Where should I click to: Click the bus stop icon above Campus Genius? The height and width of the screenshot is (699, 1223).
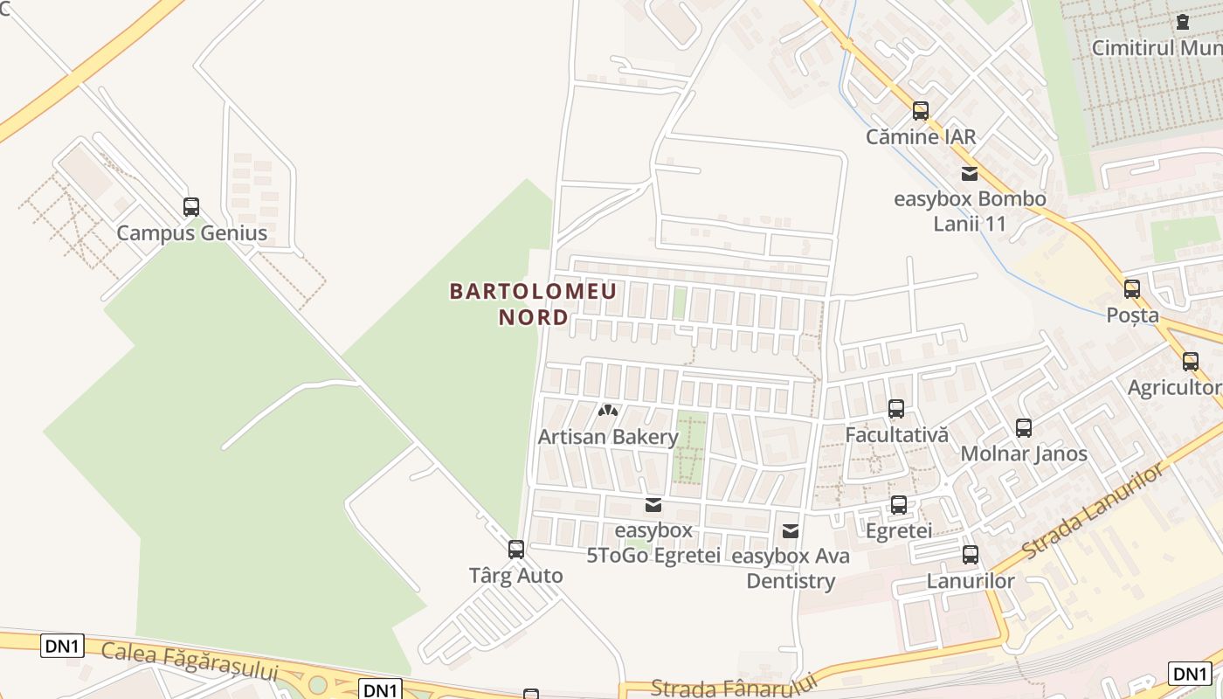click(x=191, y=207)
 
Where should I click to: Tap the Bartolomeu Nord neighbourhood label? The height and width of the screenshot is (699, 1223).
click(x=533, y=303)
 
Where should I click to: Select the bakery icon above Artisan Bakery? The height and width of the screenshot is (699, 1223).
click(x=608, y=410)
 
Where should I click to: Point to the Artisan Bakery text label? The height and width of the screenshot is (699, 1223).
click(x=608, y=437)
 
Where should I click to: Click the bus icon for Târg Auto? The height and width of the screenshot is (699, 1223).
click(x=516, y=550)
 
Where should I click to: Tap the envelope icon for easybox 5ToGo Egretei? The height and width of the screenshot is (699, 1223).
click(x=653, y=505)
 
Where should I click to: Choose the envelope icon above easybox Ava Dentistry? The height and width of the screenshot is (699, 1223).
click(x=791, y=530)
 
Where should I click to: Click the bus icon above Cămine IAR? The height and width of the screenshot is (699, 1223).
click(x=921, y=111)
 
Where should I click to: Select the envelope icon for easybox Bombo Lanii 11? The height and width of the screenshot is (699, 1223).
click(x=970, y=173)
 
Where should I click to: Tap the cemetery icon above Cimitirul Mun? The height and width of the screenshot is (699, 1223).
click(x=1183, y=22)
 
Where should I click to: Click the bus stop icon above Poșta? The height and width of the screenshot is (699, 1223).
click(x=1132, y=289)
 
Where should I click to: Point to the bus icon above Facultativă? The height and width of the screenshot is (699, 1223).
click(x=896, y=408)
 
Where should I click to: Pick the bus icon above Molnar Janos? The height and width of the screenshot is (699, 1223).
click(x=1024, y=428)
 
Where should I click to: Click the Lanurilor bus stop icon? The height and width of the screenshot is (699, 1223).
click(x=971, y=555)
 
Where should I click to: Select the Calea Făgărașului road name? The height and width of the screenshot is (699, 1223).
click(x=190, y=661)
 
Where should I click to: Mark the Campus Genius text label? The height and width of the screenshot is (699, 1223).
click(x=191, y=233)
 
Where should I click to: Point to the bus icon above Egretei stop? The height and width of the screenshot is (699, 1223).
click(x=899, y=504)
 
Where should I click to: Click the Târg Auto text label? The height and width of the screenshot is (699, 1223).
click(x=516, y=576)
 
